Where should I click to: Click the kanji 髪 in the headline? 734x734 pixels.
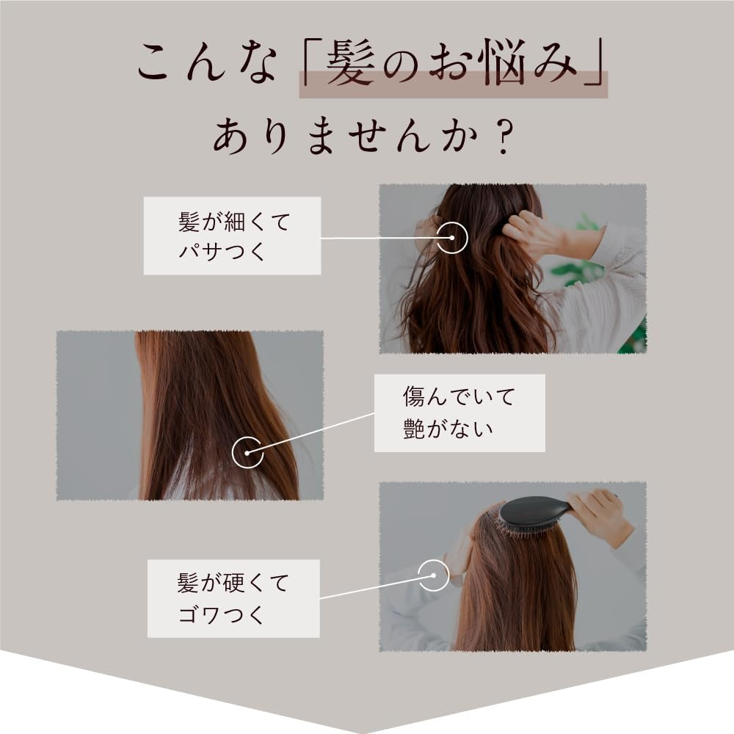pos(351,62)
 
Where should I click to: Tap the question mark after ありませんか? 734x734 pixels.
pos(504,137)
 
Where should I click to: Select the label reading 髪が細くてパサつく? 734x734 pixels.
pos(232,236)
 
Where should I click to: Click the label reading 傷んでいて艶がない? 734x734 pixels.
pos(459,413)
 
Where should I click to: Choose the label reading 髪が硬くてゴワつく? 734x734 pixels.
pos(233,598)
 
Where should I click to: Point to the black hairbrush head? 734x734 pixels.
pos(534,512)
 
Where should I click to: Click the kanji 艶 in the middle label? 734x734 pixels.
pos(414,429)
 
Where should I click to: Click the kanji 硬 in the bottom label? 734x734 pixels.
pos(235,584)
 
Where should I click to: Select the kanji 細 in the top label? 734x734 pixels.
pos(236,222)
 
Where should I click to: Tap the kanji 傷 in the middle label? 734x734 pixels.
pos(414,396)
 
